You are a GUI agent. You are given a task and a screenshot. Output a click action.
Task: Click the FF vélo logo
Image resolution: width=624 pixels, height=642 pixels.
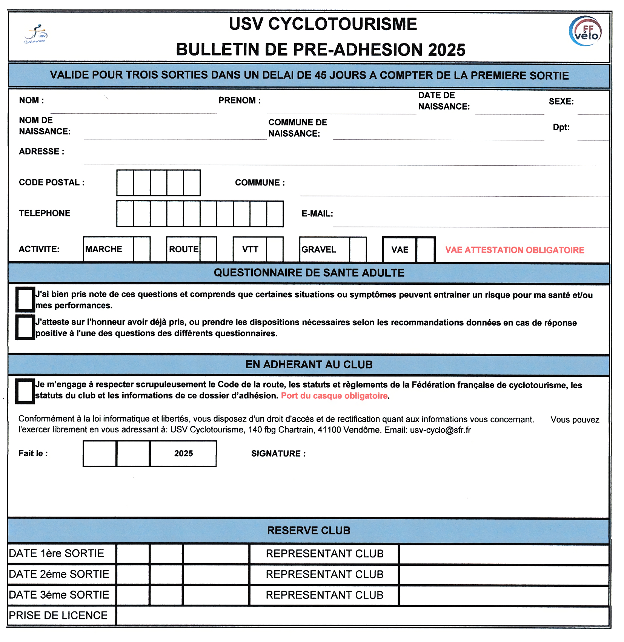[585, 31]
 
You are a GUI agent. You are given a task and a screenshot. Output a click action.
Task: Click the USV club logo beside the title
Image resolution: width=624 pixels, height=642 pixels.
[36, 34]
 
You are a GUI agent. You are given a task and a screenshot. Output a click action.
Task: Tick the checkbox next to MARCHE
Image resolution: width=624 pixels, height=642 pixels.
[142, 249]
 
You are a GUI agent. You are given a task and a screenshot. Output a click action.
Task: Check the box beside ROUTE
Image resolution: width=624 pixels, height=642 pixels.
[208, 249]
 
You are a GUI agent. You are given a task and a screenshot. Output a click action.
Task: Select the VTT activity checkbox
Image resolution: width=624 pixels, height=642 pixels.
[275, 249]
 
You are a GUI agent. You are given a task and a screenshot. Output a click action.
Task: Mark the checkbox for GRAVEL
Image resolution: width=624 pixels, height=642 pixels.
[358, 249]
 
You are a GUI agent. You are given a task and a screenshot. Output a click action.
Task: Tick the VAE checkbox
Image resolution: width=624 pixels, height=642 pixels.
[426, 249]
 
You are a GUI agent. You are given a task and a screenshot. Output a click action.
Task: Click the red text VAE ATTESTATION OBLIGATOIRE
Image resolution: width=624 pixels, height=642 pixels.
[515, 250]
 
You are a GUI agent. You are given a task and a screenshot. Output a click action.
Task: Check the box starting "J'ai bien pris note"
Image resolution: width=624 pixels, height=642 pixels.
[25, 299]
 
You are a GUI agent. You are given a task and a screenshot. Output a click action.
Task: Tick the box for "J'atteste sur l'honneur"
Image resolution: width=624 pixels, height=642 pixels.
[25, 327]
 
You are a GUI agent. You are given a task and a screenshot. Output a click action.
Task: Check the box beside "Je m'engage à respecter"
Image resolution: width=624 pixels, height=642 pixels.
[25, 391]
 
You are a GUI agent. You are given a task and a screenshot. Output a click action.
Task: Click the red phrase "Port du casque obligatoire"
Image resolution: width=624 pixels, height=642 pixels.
[334, 396]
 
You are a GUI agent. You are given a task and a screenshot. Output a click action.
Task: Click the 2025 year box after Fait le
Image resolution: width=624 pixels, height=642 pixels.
[183, 454]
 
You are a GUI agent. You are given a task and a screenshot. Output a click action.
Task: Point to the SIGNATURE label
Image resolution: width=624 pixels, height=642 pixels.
[278, 454]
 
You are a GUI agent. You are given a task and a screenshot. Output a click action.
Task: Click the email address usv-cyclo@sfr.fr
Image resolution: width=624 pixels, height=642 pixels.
[440, 430]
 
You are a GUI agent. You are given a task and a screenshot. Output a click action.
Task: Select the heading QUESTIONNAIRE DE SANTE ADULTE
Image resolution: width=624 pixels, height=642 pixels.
[309, 273]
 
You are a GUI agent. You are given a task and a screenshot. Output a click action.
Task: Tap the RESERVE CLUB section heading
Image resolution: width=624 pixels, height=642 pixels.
[309, 531]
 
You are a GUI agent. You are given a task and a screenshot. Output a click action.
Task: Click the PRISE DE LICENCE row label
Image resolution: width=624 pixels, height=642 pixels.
[58, 616]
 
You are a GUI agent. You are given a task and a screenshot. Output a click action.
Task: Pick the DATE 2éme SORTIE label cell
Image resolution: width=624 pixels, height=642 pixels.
[59, 574]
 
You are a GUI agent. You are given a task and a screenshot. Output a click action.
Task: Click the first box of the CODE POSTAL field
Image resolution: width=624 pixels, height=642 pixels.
[125, 183]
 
